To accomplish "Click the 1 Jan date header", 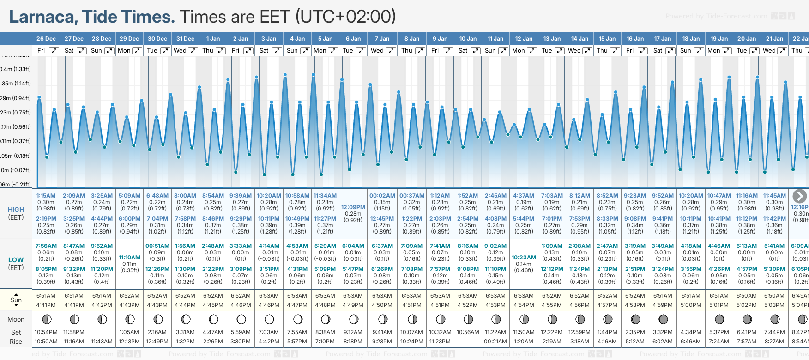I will pyautogui.click(x=213, y=39).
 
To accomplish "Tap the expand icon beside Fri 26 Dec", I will pyautogui.click(x=54, y=51).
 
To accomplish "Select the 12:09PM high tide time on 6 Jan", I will pyautogui.click(x=353, y=207).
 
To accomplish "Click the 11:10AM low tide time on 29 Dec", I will pyautogui.click(x=129, y=258).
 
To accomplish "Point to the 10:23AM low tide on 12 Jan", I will pyautogui.click(x=524, y=258).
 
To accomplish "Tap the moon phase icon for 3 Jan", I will pyautogui.click(x=269, y=319).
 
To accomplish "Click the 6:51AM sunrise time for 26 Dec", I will pyautogui.click(x=46, y=296).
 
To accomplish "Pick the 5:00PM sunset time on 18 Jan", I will pyautogui.click(x=691, y=305).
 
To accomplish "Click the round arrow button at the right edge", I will pyautogui.click(x=799, y=196).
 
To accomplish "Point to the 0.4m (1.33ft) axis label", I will pyautogui.click(x=16, y=69).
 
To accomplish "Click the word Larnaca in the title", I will pyautogui.click(x=43, y=17).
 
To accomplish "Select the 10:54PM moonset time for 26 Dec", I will pyautogui.click(x=46, y=332).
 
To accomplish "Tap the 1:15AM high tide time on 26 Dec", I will pyautogui.click(x=46, y=196).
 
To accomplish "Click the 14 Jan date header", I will pyautogui.click(x=580, y=39).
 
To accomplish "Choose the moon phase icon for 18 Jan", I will pyautogui.click(x=691, y=319).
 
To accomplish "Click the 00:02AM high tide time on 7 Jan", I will pyautogui.click(x=382, y=196).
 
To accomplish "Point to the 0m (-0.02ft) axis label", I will pyautogui.click(x=16, y=170).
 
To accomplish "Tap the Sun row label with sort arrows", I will pyautogui.click(x=16, y=300).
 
